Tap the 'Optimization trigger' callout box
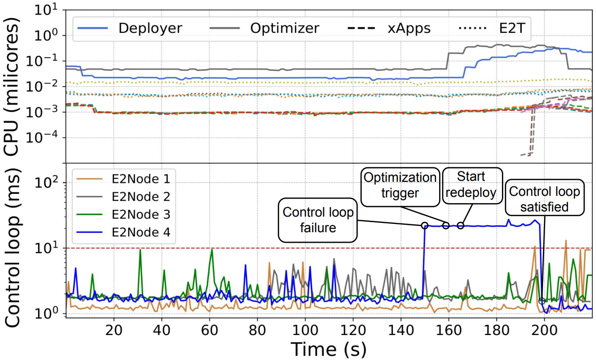400,185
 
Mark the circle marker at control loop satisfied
542,301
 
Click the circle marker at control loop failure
425,225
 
